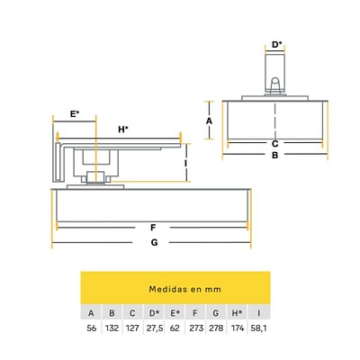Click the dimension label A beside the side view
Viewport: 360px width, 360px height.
tap(209, 121)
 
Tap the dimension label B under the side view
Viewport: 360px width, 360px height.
tap(274, 155)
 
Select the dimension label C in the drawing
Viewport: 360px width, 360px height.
tap(274, 144)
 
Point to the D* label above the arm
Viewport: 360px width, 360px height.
tap(277, 44)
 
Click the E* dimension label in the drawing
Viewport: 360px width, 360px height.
tap(75, 114)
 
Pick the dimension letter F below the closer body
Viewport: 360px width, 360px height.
tap(153, 228)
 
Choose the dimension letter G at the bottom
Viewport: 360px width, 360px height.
tap(154, 242)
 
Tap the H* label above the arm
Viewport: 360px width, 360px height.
tap(123, 130)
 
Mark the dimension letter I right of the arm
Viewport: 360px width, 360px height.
tap(185, 163)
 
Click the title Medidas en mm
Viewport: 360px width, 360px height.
tap(184, 289)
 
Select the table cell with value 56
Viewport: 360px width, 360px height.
tap(92, 328)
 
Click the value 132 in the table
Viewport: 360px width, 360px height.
tap(112, 328)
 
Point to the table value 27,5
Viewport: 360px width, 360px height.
tap(155, 328)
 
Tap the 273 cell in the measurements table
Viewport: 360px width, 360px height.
tap(196, 328)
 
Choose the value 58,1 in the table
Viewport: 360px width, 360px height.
tap(258, 328)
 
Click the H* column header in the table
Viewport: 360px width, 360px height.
tap(237, 313)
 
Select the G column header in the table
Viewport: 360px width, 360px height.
tap(215, 313)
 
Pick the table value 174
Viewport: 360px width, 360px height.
tap(238, 328)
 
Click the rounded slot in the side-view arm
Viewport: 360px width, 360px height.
tap(274, 85)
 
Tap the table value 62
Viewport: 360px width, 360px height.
tap(175, 328)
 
